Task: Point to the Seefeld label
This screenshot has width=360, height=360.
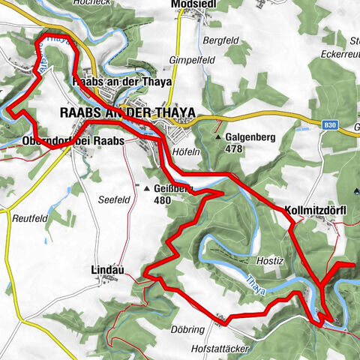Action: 114,199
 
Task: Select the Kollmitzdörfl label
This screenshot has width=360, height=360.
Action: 314,209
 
